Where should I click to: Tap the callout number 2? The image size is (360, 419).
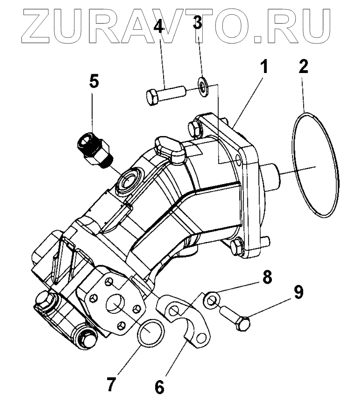pos(303,67)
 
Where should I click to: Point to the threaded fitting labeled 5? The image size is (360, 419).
pos(94,150)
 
